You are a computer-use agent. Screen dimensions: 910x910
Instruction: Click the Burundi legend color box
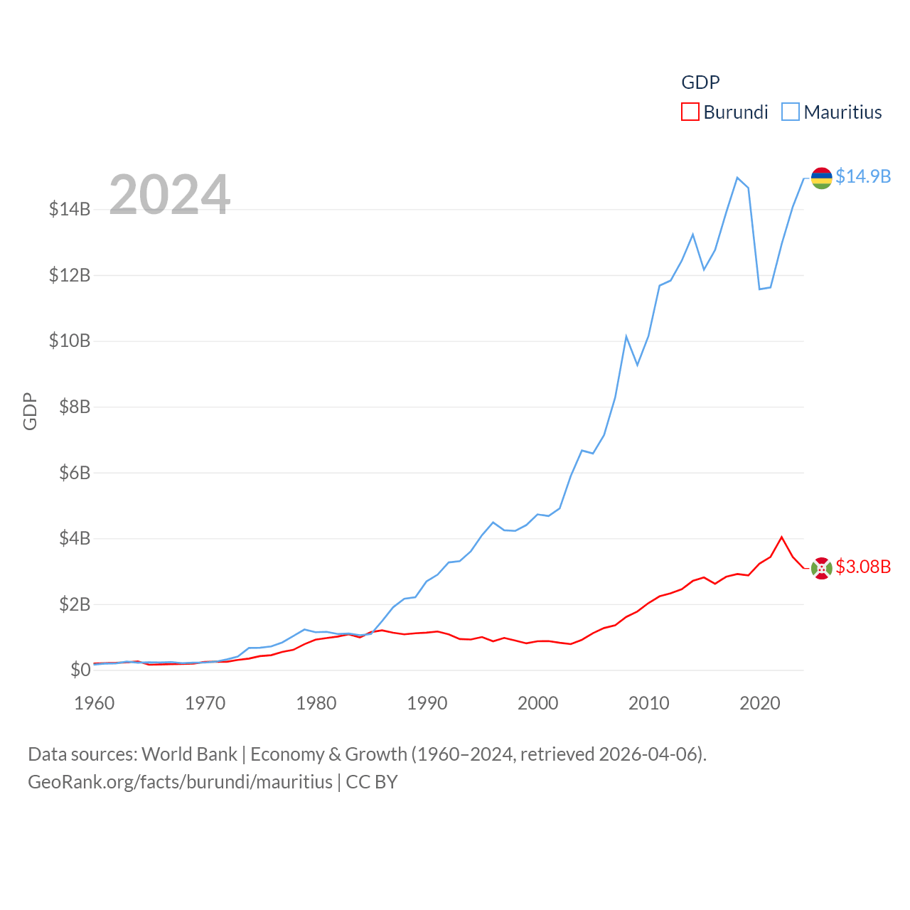690,112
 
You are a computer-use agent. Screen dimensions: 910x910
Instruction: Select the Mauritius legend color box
790,112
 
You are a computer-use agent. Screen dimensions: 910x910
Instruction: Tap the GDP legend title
700,82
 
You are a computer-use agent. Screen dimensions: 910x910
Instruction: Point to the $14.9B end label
863,176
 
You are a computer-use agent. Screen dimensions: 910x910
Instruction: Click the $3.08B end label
863,567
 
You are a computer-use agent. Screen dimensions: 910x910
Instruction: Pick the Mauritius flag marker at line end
822,178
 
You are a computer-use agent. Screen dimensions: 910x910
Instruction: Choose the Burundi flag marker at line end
822,568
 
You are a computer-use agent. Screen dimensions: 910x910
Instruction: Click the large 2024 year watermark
170,194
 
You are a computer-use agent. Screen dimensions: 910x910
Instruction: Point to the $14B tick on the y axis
70,209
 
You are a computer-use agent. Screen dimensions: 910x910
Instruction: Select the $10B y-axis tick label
70,341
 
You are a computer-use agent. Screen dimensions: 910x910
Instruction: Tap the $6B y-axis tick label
75,473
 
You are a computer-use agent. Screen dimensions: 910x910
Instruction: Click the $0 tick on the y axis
80,670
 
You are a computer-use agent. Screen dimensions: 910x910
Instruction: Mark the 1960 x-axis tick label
95,704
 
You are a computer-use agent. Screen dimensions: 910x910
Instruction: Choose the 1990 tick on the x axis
427,704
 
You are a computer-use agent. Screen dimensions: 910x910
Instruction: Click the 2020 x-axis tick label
760,704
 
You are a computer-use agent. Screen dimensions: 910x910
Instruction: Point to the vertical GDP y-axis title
30,411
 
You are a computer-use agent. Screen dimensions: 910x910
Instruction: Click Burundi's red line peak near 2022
782,537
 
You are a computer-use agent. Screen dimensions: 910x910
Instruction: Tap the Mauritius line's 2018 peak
737,177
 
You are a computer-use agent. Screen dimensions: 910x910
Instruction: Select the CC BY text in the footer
372,782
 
